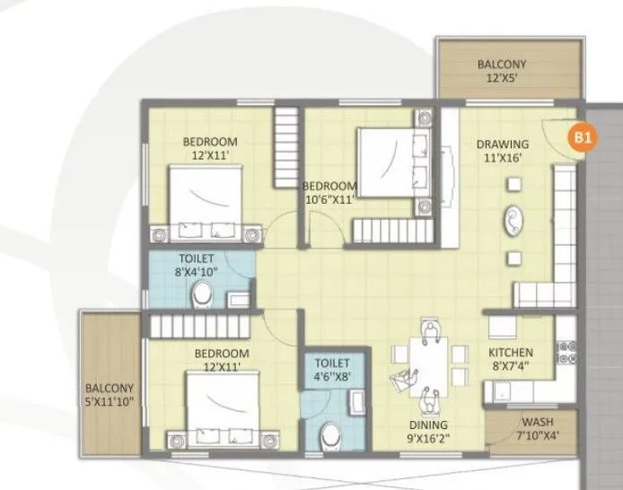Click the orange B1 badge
click(x=584, y=138)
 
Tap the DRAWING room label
click(x=502, y=144)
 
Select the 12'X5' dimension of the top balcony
click(x=502, y=78)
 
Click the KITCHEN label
click(x=510, y=353)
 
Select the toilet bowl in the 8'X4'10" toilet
click(x=203, y=293)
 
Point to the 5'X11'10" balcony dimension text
click(x=110, y=402)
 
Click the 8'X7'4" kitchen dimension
click(x=510, y=366)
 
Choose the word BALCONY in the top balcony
click(x=502, y=65)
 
